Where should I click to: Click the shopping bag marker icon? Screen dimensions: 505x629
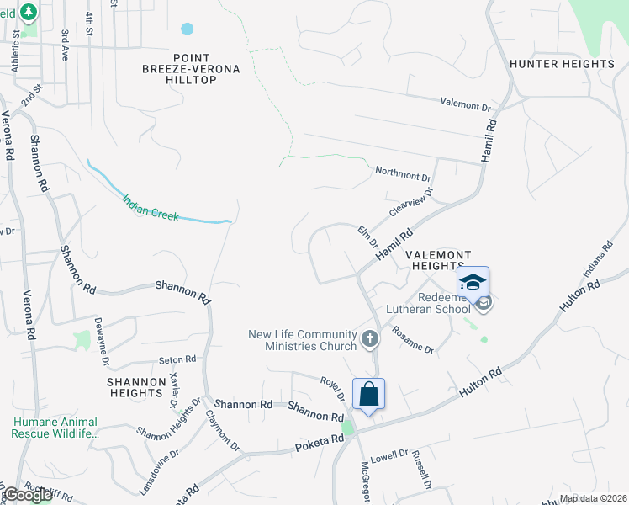(x=368, y=394)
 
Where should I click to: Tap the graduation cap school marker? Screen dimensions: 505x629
(x=473, y=282)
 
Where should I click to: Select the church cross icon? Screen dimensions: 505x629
(x=368, y=339)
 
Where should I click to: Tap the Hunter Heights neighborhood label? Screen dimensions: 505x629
(x=562, y=64)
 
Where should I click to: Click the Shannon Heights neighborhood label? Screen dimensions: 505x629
(x=135, y=387)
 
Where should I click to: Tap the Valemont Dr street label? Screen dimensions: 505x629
(x=465, y=105)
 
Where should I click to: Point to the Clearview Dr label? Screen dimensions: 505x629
(x=410, y=201)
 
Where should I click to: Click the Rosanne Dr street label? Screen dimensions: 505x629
(x=413, y=340)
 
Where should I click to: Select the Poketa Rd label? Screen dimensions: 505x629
(x=320, y=440)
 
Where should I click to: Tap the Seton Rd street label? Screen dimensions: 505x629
(x=177, y=359)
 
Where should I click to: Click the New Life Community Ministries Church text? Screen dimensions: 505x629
(x=302, y=340)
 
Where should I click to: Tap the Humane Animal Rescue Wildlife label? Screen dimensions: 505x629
(x=55, y=428)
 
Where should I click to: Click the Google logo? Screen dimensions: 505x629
(x=28, y=495)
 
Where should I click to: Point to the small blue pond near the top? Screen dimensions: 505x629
(x=187, y=29)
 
